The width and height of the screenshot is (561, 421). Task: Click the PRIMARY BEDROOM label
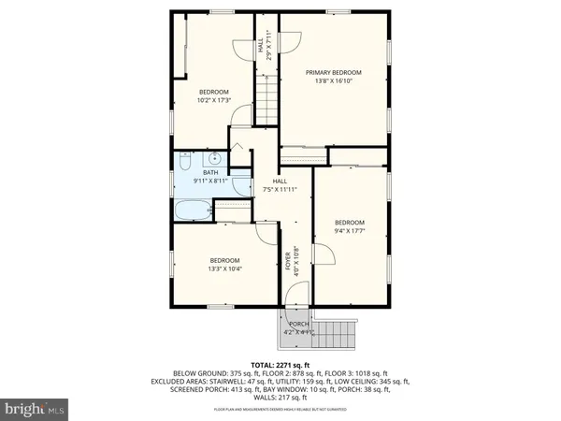(x=334, y=72)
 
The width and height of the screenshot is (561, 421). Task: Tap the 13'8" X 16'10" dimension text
(x=334, y=81)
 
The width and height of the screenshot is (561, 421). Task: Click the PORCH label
(x=299, y=324)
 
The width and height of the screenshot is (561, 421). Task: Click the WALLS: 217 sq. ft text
(x=280, y=399)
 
